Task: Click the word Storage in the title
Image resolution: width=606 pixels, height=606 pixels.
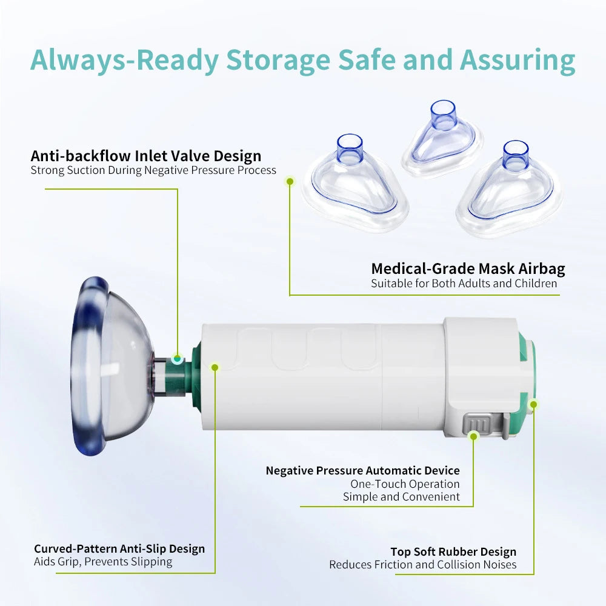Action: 278,60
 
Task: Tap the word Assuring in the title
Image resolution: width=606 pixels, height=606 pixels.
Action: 518,60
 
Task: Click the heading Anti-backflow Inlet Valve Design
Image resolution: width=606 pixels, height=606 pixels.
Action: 145,156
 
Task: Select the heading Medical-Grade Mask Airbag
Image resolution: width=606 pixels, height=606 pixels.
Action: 468,268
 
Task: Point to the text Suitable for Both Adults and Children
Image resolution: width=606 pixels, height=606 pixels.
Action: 464,283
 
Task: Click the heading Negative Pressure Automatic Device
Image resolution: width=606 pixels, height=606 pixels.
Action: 362,470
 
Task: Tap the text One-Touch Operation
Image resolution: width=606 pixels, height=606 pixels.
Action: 405,484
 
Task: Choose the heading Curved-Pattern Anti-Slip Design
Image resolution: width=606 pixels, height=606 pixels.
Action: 119,549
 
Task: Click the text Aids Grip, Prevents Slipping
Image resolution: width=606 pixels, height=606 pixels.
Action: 103,562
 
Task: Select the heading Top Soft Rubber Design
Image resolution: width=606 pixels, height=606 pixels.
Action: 453,552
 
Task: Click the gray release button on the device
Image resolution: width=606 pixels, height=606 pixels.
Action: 479,425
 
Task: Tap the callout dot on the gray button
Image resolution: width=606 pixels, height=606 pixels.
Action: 473,436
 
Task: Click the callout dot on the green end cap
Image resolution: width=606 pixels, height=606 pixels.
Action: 534,405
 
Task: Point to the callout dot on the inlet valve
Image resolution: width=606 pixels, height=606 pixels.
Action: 177,359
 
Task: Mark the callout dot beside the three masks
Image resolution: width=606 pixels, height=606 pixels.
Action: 290,181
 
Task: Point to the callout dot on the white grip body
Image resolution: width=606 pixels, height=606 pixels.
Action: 215,367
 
